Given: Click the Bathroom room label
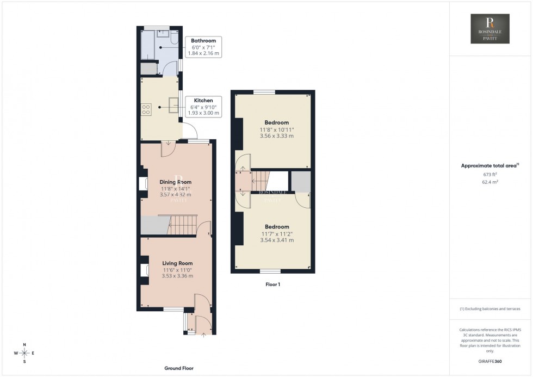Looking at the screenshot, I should point(203,41).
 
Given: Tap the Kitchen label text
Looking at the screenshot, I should point(203,101).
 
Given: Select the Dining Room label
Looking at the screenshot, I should point(175,182).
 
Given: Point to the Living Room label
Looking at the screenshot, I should point(177,263).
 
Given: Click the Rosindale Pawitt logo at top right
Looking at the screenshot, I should point(489,29).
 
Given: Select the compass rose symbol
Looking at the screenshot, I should point(24,353).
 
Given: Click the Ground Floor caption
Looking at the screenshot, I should point(179,368).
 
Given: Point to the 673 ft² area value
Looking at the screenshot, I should point(491,175).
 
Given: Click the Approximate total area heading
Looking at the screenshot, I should point(489,165).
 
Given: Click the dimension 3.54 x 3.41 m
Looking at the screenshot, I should point(277,240).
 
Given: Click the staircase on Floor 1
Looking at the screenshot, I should point(261,180).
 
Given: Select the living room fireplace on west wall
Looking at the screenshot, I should point(144,270).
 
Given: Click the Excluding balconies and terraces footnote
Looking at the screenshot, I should point(490,308).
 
